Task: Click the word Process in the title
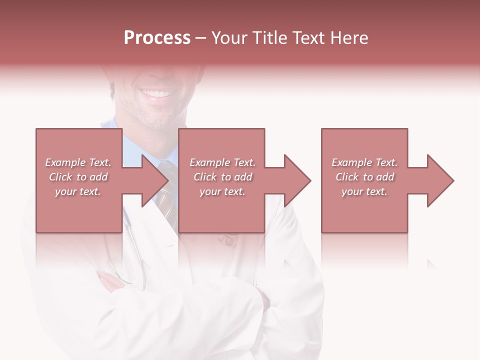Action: [x=157, y=38]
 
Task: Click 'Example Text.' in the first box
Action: [x=78, y=162]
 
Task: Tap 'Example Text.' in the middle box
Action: [x=222, y=162]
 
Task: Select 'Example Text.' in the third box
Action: [x=364, y=162]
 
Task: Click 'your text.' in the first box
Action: [x=78, y=191]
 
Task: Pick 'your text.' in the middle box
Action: [x=222, y=191]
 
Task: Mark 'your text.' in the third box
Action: [x=364, y=191]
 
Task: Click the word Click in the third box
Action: [x=347, y=177]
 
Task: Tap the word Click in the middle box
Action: [x=205, y=177]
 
